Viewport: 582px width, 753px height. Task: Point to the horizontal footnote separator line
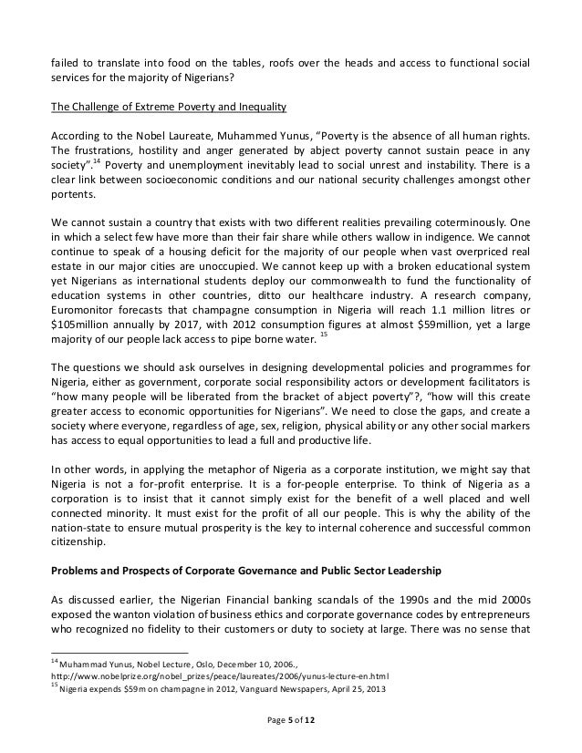click(118, 653)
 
